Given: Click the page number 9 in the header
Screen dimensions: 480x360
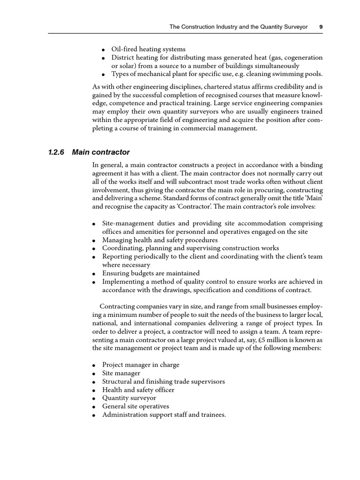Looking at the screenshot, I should click(321, 27).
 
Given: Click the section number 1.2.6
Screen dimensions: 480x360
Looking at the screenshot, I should click(57, 152).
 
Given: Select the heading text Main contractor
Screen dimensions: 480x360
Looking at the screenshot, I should click(101, 152).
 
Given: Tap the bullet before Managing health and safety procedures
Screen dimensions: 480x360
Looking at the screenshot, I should click(94, 240).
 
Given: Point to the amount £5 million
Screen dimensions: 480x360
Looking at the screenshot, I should click(244, 340).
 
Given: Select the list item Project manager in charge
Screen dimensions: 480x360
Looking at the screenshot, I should click(141, 365).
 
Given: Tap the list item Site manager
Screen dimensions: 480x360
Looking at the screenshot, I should click(121, 373).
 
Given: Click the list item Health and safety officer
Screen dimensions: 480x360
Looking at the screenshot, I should click(138, 390).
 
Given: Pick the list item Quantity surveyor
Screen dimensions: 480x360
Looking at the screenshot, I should click(129, 398).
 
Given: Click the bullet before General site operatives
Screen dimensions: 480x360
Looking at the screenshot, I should click(94, 407).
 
